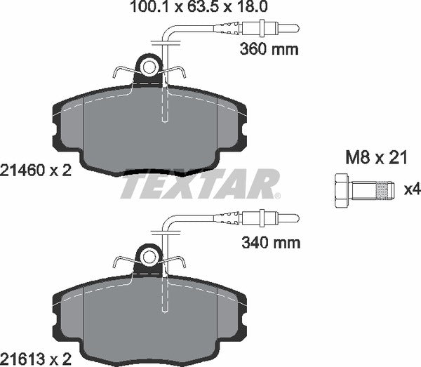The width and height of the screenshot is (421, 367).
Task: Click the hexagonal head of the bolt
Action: (338, 189)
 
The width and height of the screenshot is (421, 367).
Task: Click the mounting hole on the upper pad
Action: (149, 67)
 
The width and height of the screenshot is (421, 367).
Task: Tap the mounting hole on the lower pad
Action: (149, 258)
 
